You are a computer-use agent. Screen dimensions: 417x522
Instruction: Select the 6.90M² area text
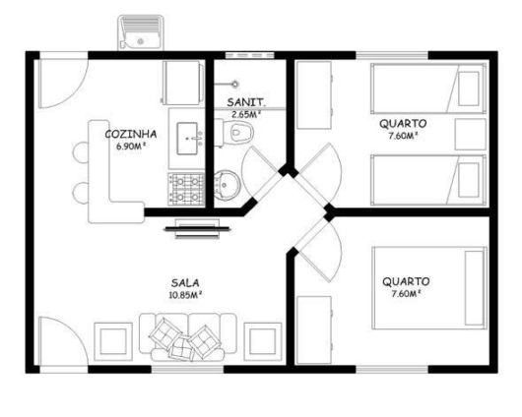[x=131, y=147]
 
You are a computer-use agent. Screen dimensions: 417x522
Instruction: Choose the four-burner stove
[x=187, y=183]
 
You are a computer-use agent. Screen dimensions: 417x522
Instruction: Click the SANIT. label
[x=243, y=102]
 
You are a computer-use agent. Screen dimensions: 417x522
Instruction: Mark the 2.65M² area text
[x=245, y=114]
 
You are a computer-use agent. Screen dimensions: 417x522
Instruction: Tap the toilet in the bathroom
[x=241, y=133]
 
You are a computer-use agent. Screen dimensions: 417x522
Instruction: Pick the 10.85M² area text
[x=185, y=294]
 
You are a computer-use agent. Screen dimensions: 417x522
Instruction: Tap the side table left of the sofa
[x=113, y=340]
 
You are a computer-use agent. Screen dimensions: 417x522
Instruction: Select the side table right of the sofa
[x=263, y=340]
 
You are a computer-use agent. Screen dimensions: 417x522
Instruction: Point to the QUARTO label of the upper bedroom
[x=403, y=124]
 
